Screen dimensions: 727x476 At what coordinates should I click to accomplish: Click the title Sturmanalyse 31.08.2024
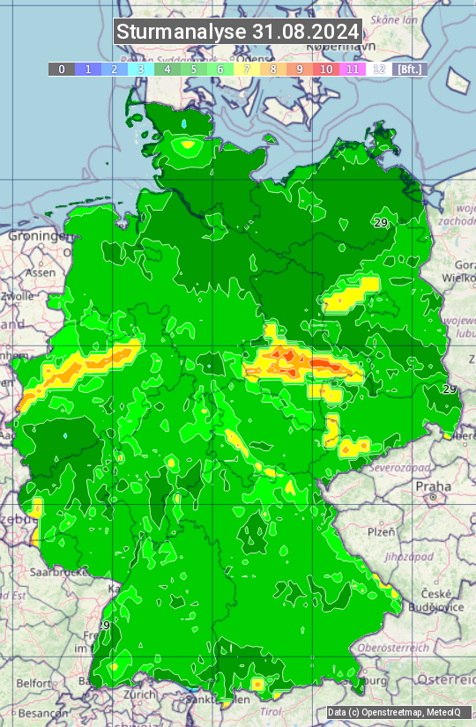[238, 32]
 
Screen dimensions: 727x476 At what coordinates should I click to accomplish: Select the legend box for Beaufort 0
[62, 69]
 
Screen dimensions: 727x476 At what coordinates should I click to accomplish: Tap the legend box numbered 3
[141, 69]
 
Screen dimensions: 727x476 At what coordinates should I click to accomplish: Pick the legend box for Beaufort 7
[247, 69]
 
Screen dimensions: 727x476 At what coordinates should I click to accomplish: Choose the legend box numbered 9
[300, 69]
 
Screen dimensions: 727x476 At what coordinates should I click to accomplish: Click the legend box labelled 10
[326, 69]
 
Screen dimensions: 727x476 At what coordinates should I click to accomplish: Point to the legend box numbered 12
[379, 69]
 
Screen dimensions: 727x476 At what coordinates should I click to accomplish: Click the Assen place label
[41, 273]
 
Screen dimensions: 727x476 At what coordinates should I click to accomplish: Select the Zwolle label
[18, 296]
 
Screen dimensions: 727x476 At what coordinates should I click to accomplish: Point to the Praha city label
[434, 486]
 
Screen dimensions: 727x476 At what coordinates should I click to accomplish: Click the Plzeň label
[381, 531]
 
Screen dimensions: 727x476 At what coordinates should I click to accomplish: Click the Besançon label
[39, 712]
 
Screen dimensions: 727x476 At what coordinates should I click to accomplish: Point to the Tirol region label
[270, 710]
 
